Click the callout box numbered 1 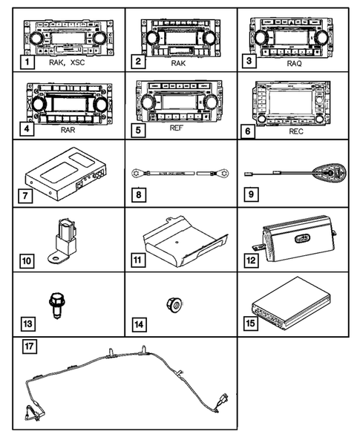click(x=26, y=64)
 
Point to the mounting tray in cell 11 click(x=181, y=239)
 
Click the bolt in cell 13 click(x=55, y=304)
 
